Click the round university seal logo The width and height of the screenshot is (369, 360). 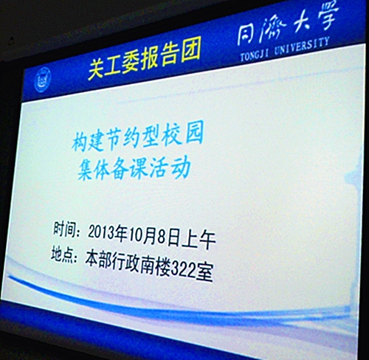pyautogui.click(x=43, y=80)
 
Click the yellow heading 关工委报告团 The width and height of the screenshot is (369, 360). pyautogui.click(x=144, y=59)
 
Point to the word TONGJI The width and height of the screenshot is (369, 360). pyautogui.click(x=254, y=55)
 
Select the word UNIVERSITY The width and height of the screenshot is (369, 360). pyautogui.click(x=302, y=46)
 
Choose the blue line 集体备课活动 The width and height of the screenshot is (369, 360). pyautogui.click(x=134, y=167)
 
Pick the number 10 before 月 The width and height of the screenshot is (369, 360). pyautogui.click(x=135, y=235)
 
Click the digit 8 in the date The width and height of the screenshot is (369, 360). pyautogui.click(x=162, y=237)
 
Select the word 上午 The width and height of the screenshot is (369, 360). pyautogui.click(x=199, y=239)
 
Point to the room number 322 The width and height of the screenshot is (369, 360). pyautogui.click(x=183, y=269)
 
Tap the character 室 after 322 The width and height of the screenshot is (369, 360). pyautogui.click(x=204, y=271)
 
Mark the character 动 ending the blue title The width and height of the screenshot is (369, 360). pyautogui.click(x=182, y=167)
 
